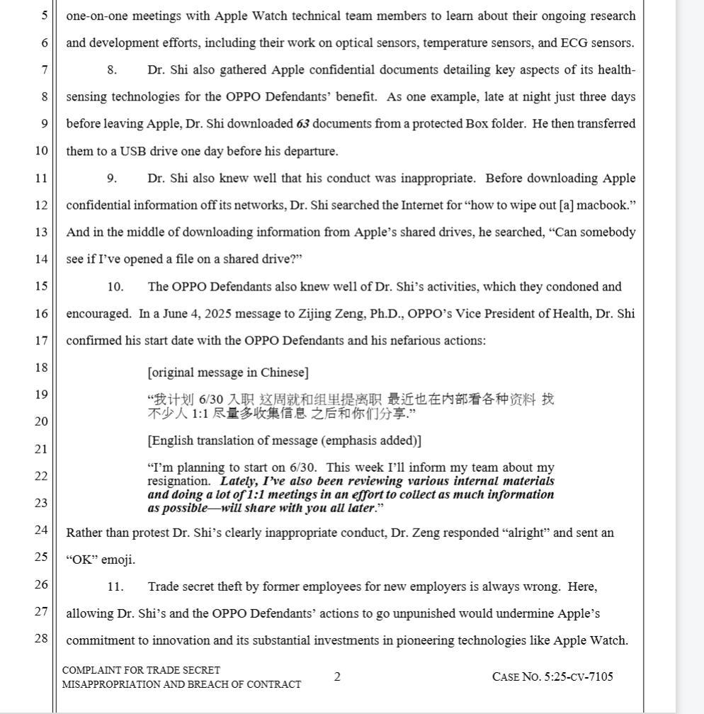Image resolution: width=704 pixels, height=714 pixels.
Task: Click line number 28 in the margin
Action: [42, 638]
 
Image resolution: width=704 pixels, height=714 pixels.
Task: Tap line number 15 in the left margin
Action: [42, 286]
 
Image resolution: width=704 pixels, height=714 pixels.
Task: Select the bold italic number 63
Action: [303, 124]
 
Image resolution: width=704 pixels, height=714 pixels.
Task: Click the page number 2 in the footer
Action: [337, 676]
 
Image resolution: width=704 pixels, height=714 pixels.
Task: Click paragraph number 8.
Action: [112, 70]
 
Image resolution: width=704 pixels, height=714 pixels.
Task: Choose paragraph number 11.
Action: [115, 586]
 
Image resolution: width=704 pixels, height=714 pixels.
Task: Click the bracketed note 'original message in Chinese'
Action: [228, 373]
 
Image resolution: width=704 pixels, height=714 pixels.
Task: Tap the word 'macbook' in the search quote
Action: [603, 205]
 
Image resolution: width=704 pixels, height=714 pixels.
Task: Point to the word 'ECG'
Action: [574, 43]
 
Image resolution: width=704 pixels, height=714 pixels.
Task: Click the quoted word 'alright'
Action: [526, 533]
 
